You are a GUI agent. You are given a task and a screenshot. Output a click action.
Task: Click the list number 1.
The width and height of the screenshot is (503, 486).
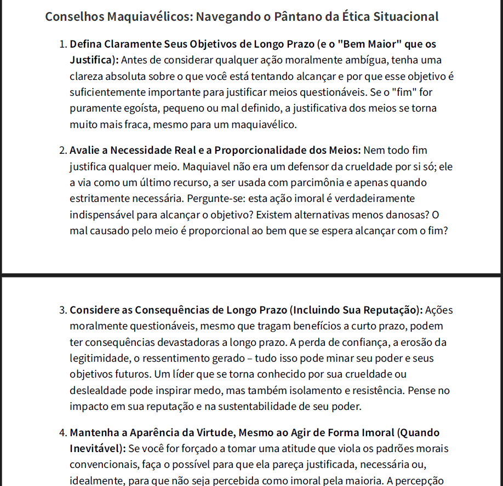[x=62, y=44]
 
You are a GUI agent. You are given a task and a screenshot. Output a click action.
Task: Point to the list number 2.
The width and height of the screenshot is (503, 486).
[x=62, y=151]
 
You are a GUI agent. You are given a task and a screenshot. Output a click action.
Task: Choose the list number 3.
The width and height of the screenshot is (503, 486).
[x=62, y=310]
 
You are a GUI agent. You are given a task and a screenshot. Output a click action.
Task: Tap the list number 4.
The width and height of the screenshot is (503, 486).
[x=62, y=433]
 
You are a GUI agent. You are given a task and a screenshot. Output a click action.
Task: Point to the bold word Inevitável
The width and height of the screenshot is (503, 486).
[x=94, y=449]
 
